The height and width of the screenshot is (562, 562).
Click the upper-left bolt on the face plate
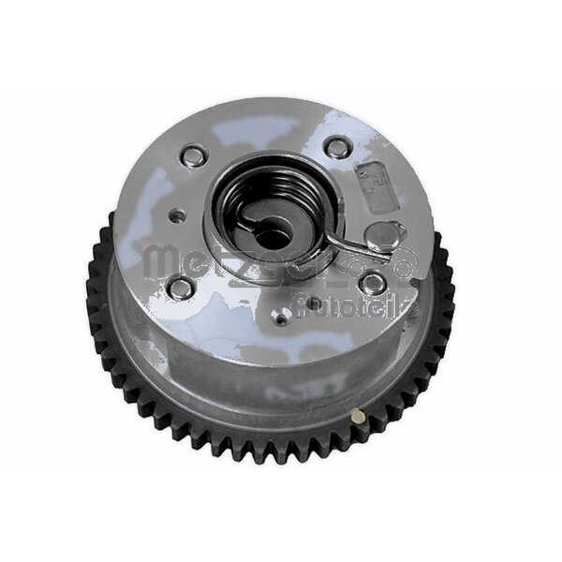click(194, 155)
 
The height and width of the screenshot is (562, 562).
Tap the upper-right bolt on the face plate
click(335, 147)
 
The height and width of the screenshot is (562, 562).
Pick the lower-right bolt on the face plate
click(374, 285)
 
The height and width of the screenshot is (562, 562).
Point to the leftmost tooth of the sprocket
click(91, 281)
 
